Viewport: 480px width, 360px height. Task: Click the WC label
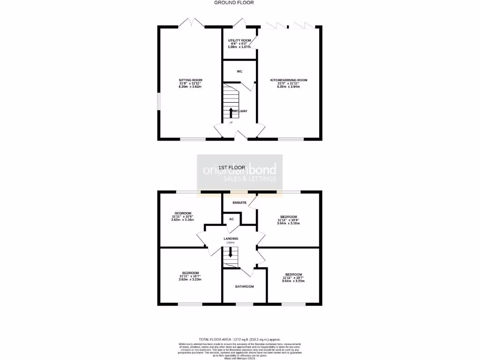tap(240, 71)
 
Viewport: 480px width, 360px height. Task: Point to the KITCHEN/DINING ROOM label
tap(289, 80)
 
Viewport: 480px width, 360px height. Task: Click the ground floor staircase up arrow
tap(231, 112)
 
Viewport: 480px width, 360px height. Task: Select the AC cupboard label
tap(231, 219)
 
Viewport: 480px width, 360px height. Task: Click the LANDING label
tap(231, 239)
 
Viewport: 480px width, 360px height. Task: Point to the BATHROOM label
tap(244, 286)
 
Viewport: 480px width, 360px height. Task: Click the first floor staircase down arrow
tap(230, 252)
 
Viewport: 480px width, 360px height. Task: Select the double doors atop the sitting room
tap(192, 22)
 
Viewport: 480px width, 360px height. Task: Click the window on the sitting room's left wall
tap(158, 101)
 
